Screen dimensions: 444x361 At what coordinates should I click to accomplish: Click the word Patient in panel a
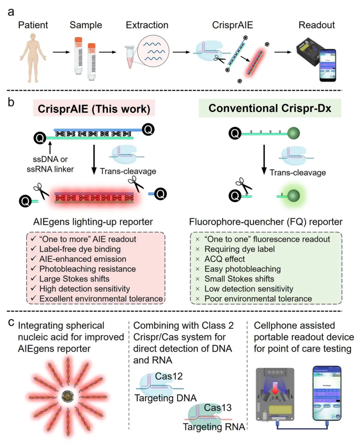[33, 25]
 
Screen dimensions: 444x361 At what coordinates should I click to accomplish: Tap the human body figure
[32, 59]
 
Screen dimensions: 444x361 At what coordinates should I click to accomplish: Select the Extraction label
[147, 25]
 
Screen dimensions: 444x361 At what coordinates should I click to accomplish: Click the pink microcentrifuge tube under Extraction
[130, 57]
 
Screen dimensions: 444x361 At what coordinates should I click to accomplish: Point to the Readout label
[316, 25]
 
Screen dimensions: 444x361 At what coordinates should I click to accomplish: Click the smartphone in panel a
[328, 65]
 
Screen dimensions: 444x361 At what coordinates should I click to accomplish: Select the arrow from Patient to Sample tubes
[61, 52]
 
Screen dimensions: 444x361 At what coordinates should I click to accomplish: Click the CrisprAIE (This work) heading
[94, 109]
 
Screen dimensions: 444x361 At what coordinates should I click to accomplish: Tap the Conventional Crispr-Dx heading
[270, 108]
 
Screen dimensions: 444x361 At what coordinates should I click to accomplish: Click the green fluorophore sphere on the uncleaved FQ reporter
[293, 133]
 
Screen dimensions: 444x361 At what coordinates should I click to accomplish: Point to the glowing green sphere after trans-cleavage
[293, 196]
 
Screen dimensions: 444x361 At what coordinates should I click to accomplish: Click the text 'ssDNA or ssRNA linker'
[50, 164]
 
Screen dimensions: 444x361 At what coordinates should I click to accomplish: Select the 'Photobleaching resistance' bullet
[87, 269]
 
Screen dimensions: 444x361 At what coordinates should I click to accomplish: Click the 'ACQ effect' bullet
[224, 259]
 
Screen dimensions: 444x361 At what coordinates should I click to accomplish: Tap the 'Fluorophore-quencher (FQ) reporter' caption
[266, 222]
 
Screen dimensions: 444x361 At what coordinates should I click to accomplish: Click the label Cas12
[169, 376]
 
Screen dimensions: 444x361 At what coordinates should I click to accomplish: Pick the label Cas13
[218, 408]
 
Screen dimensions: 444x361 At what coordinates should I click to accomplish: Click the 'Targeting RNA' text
[214, 427]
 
